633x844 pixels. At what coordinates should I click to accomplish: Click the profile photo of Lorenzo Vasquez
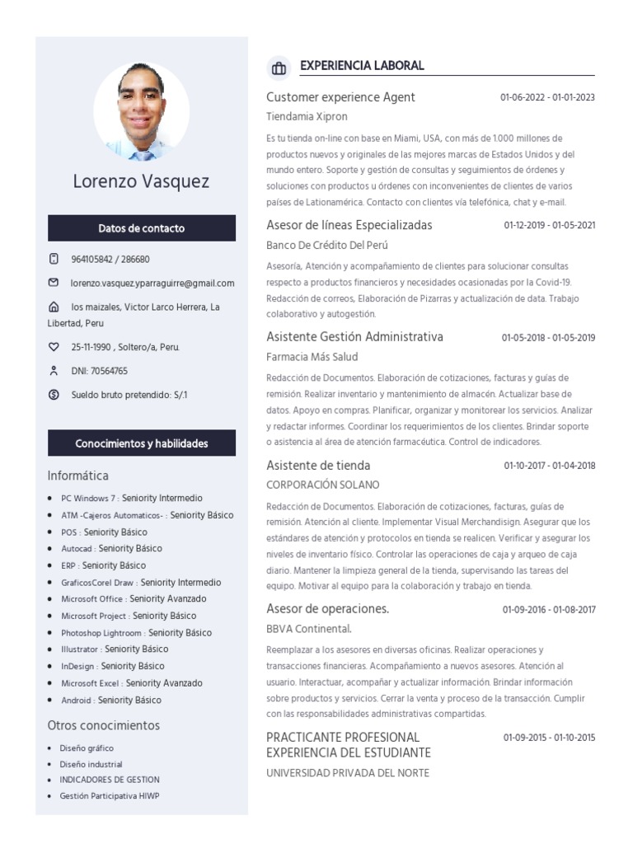click(x=142, y=111)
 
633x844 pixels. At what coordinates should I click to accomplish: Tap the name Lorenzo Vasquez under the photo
click(x=141, y=181)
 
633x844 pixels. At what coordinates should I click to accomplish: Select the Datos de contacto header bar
click(x=142, y=228)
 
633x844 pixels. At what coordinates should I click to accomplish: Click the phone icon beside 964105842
click(x=54, y=259)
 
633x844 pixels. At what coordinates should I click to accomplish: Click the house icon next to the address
click(x=54, y=307)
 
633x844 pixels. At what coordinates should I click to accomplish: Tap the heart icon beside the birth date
click(x=54, y=347)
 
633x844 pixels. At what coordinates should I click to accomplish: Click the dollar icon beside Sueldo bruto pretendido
click(x=54, y=395)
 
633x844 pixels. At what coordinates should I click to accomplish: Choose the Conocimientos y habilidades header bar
click(x=142, y=443)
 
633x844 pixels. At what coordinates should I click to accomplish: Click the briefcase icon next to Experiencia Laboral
click(x=279, y=67)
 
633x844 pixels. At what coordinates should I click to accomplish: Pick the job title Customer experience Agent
click(x=340, y=97)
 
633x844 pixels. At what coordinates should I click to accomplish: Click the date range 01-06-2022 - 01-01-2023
click(x=547, y=97)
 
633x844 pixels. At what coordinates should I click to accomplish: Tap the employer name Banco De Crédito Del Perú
click(x=327, y=245)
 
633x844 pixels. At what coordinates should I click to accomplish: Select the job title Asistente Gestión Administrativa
click(x=354, y=336)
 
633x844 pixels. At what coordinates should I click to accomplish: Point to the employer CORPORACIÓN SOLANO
click(x=323, y=485)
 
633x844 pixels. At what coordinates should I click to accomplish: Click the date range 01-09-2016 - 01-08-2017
click(x=548, y=610)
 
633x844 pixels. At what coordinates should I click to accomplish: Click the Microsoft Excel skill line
click(x=132, y=683)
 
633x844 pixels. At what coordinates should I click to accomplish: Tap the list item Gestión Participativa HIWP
click(x=110, y=796)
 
